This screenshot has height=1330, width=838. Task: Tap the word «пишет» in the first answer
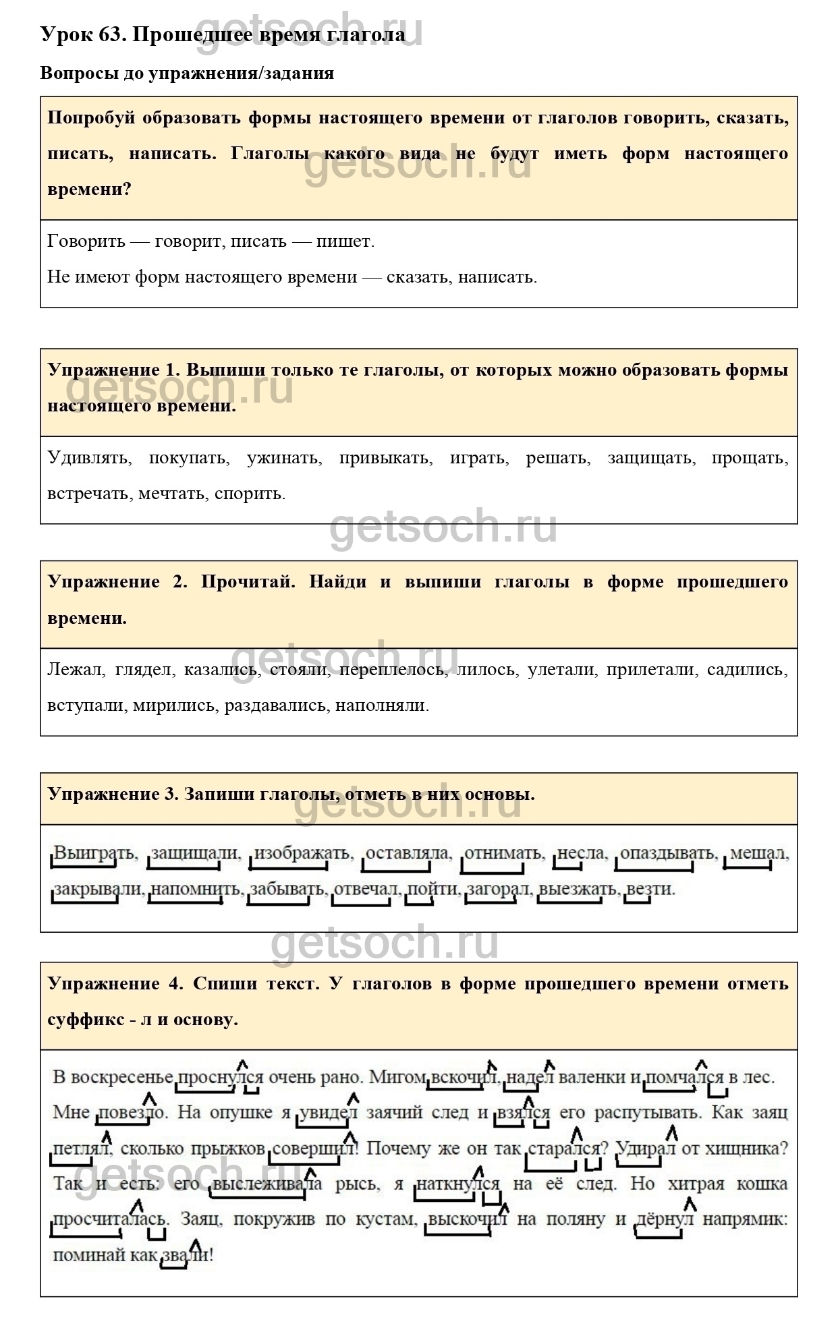tap(344, 241)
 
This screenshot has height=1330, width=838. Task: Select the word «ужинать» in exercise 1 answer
tap(284, 458)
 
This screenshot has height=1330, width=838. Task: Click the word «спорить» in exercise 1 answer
tap(249, 494)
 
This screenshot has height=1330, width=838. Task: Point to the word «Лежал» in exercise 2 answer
tap(75, 670)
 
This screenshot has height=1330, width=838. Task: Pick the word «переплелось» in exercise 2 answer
tap(392, 670)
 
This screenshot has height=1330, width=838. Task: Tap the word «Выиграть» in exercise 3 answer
tap(94, 853)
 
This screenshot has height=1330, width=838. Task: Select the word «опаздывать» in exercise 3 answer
tap(667, 853)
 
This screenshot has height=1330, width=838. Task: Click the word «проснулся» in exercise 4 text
tap(219, 1077)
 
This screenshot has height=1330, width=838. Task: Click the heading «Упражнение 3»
tap(112, 794)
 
